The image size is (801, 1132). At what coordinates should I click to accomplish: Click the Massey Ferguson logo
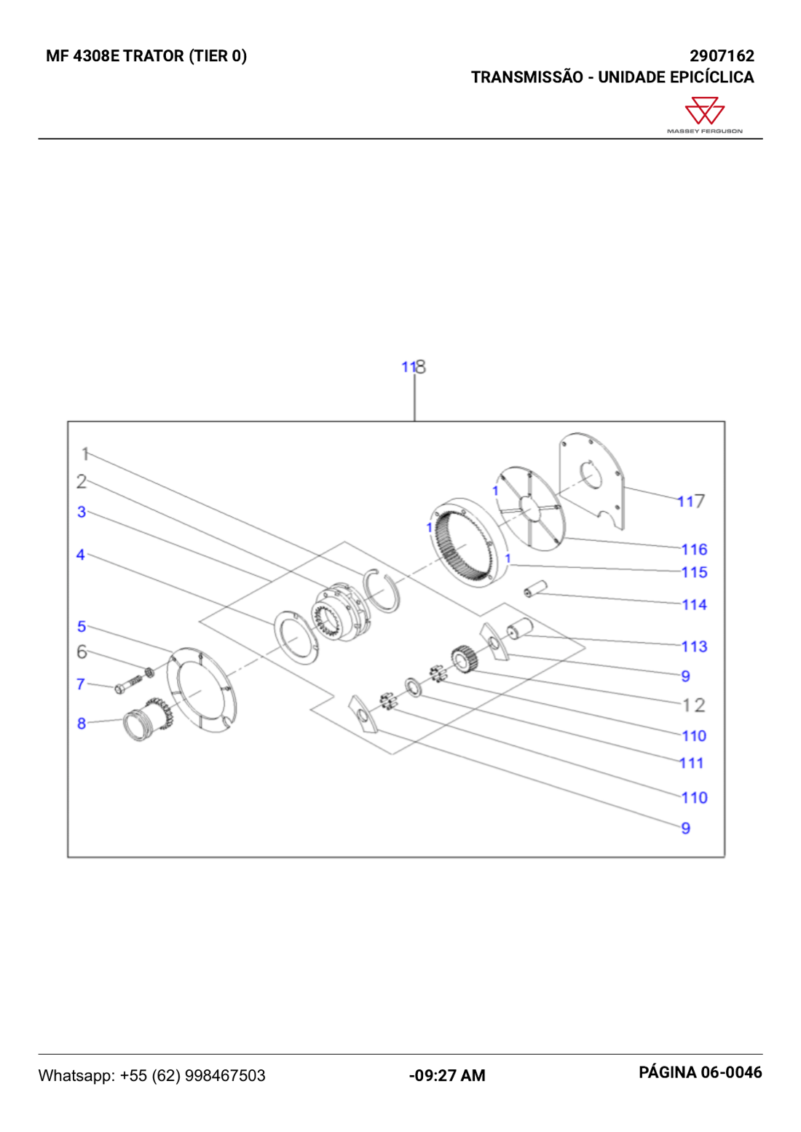704,115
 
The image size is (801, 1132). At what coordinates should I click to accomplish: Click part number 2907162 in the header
722,55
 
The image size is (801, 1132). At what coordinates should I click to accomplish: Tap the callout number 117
691,502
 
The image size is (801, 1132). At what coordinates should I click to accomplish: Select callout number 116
694,550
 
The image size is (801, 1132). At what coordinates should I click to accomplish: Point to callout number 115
694,572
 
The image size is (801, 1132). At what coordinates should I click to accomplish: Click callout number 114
694,604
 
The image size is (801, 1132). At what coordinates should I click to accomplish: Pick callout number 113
694,646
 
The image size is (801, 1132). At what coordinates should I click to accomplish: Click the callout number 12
693,705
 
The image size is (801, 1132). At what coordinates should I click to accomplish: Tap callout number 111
691,763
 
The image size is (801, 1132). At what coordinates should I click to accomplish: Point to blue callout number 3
82,512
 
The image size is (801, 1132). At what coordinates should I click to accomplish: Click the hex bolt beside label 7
128,684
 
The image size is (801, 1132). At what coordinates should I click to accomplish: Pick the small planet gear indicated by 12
463,660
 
